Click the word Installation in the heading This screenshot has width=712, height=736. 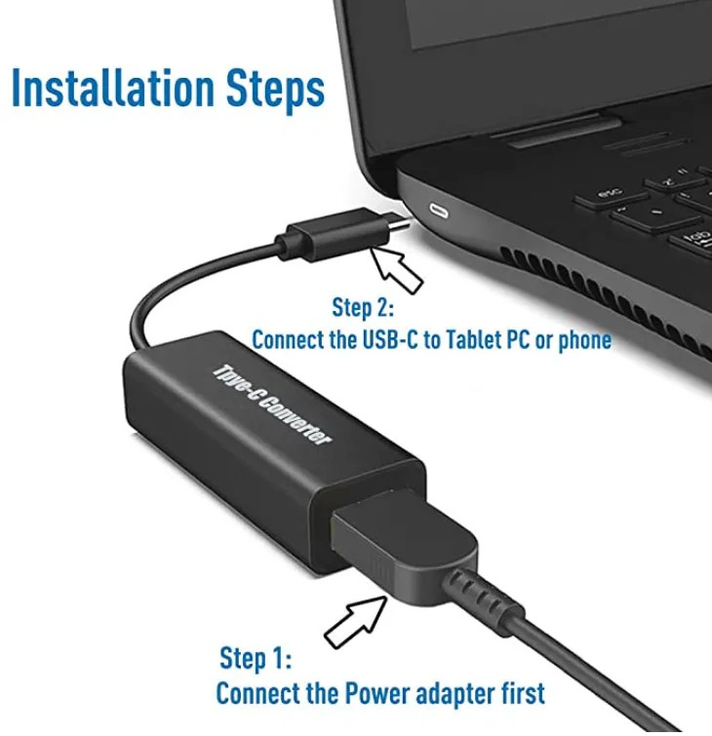[113, 87]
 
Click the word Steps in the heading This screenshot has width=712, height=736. [275, 89]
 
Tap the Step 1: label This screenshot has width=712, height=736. [255, 659]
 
